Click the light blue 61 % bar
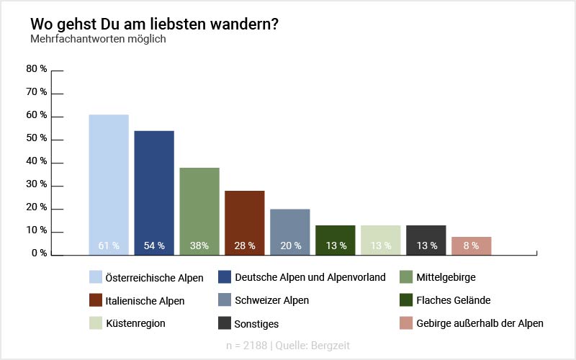[109, 184]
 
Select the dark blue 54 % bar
[154, 192]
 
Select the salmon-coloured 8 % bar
[472, 245]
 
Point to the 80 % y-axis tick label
[37, 69]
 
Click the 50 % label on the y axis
[37, 138]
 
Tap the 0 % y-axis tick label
[39, 253]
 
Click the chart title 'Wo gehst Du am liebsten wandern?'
[154, 24]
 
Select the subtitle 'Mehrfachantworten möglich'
[98, 39]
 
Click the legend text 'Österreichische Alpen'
[154, 277]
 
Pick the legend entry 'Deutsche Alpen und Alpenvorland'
[310, 277]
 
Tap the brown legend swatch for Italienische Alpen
[95, 300]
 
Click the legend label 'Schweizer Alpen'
[272, 300]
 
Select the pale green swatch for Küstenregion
[95, 323]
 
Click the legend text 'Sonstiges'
[257, 324]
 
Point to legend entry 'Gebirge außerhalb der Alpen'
[480, 323]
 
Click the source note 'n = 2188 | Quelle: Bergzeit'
[287, 346]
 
